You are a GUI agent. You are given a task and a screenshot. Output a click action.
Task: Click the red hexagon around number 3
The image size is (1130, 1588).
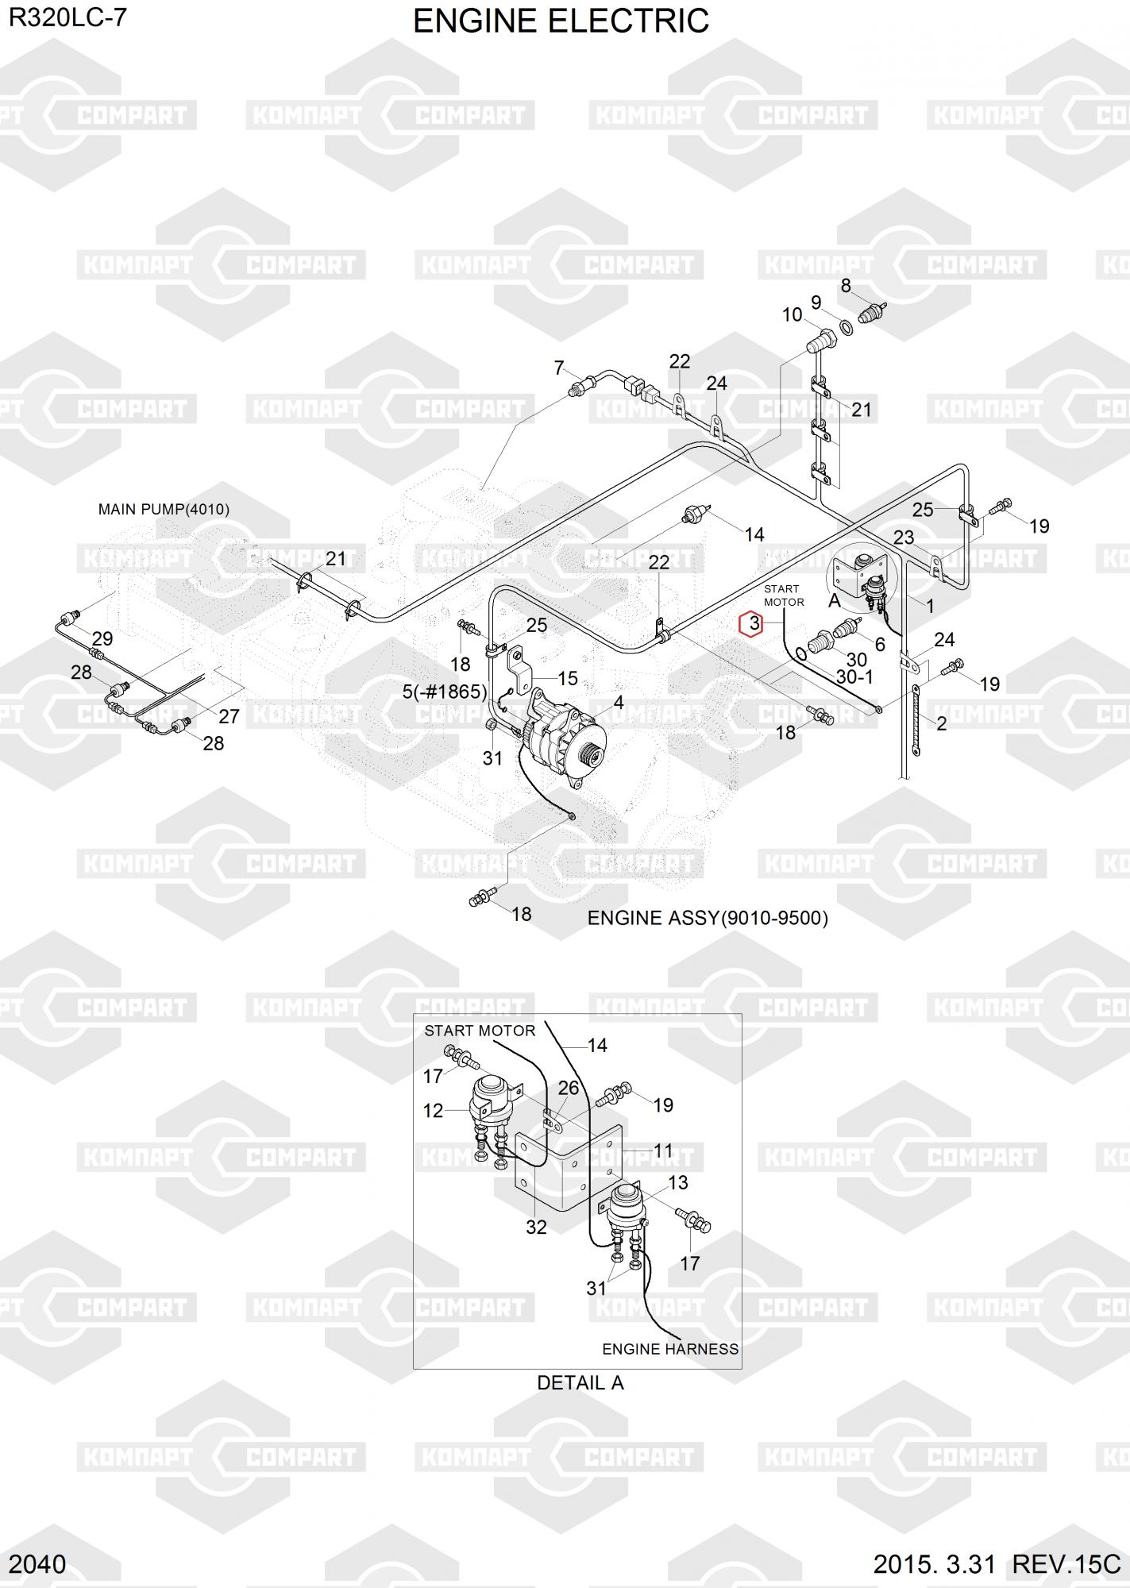pyautogui.click(x=753, y=624)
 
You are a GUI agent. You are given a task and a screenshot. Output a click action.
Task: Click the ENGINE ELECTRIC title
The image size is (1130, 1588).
pyautogui.click(x=561, y=21)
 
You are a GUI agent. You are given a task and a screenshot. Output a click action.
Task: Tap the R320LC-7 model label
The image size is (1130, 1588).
pyautogui.click(x=67, y=18)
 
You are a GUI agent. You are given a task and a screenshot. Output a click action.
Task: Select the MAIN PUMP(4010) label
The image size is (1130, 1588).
pyautogui.click(x=164, y=509)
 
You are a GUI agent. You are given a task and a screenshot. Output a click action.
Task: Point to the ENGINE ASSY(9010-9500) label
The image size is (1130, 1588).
pyautogui.click(x=708, y=918)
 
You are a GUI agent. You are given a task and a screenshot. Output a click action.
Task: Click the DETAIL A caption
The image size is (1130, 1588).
pyautogui.click(x=580, y=1382)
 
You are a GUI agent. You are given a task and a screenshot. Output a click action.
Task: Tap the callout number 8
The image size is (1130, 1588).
pyautogui.click(x=846, y=286)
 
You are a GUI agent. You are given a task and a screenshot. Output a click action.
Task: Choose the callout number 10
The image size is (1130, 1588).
pyautogui.click(x=792, y=315)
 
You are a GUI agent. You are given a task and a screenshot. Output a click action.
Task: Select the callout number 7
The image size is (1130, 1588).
pyautogui.click(x=559, y=368)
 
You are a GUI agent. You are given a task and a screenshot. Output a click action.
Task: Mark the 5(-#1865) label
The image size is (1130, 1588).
pyautogui.click(x=445, y=692)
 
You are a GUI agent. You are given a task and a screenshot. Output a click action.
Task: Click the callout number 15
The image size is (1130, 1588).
pyautogui.click(x=568, y=678)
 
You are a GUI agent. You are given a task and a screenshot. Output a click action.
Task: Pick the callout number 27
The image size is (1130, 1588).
pyautogui.click(x=229, y=716)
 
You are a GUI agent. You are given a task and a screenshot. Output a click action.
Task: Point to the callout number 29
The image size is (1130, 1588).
pyautogui.click(x=102, y=638)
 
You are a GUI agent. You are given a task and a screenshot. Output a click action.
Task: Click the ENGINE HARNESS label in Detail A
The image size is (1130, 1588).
pyautogui.click(x=670, y=1349)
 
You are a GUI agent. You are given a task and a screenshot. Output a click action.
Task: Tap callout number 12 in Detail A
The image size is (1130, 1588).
pyautogui.click(x=433, y=1111)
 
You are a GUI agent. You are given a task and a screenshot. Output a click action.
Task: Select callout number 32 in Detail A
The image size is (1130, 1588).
pyautogui.click(x=536, y=1227)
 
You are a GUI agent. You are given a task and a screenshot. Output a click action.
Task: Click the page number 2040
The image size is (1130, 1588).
pyautogui.click(x=37, y=1564)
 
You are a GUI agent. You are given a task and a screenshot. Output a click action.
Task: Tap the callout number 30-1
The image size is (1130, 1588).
pyautogui.click(x=854, y=676)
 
